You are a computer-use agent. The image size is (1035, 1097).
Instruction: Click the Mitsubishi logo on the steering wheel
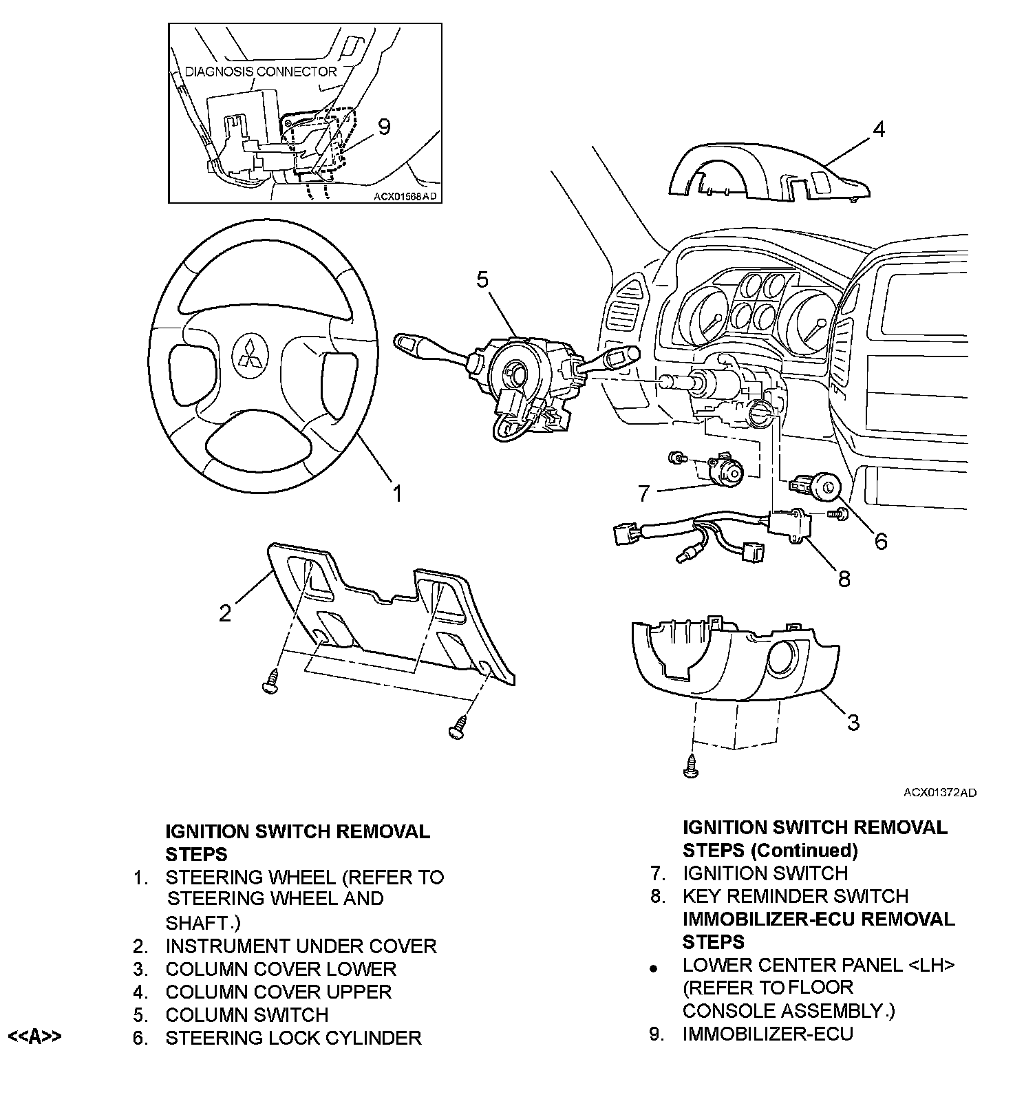point(249,353)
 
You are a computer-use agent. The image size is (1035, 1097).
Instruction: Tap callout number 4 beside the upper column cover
point(878,129)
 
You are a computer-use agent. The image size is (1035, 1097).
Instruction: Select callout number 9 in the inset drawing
point(384,127)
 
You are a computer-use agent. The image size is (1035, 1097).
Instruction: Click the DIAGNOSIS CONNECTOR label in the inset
point(261,72)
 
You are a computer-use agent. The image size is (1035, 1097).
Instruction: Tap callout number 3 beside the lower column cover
point(853,722)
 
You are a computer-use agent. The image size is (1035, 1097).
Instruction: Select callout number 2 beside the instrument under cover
point(226,613)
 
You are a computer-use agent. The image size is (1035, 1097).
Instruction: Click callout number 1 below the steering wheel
point(397,493)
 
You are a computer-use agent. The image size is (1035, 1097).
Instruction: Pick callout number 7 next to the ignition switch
point(644,493)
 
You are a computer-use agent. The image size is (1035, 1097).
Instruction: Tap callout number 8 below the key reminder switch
point(844,579)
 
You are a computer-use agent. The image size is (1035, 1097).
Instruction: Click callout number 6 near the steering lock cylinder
point(881,541)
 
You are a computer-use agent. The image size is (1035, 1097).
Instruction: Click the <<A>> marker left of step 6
point(34,1036)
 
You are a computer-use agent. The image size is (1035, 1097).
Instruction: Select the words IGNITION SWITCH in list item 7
point(765,873)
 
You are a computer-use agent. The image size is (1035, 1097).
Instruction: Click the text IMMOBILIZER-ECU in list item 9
point(767,1034)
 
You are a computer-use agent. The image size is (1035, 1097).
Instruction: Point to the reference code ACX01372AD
point(939,793)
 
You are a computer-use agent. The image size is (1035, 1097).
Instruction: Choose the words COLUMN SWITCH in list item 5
point(247,1014)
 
